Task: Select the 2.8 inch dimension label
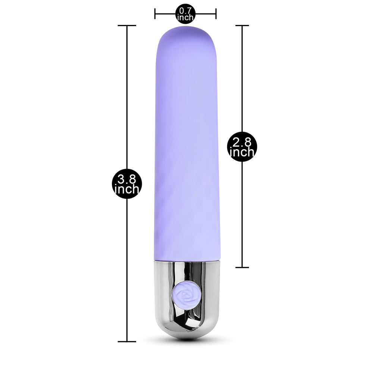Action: [242, 147]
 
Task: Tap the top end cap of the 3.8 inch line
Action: [127, 25]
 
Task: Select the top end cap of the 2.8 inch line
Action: [242, 26]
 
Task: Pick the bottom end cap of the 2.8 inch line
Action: [242, 267]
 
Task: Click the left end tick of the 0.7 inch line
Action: [155, 14]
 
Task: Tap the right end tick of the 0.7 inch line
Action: [216, 14]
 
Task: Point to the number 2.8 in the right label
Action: [242, 142]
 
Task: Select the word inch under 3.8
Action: [126, 189]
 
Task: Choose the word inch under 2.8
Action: [242, 152]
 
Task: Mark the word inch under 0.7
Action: [185, 18]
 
